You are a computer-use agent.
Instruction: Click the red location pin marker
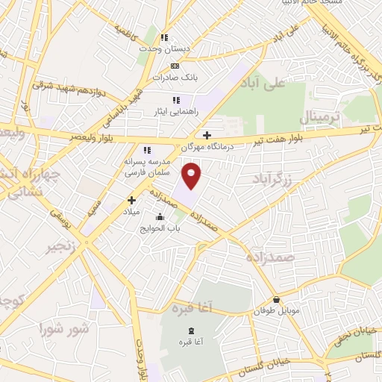point(192,175)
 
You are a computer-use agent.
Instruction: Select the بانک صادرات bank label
point(172,77)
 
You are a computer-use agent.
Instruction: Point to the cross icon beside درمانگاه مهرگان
point(207,135)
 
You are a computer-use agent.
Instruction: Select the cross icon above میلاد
point(132,200)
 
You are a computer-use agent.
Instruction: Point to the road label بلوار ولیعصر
point(88,138)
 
